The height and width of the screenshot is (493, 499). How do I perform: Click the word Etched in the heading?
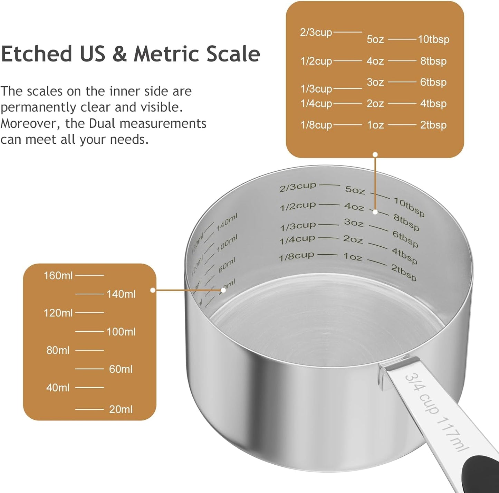(x=36, y=54)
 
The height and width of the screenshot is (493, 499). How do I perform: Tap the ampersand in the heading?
(x=119, y=55)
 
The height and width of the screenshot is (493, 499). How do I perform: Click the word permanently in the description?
(x=39, y=107)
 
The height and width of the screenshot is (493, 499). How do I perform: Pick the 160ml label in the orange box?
(x=58, y=276)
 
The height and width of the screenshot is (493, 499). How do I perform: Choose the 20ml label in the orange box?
(x=121, y=409)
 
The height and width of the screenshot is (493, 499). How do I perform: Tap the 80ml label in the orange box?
(x=58, y=350)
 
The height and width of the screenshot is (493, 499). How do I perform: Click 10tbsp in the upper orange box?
(x=434, y=39)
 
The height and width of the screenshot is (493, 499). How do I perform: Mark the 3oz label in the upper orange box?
(x=375, y=82)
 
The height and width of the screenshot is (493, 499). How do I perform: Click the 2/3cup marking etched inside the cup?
(x=298, y=187)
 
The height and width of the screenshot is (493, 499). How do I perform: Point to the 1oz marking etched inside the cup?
(x=353, y=257)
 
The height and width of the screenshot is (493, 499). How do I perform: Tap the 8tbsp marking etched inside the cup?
(x=406, y=222)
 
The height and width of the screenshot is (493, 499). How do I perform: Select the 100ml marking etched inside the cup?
(x=227, y=243)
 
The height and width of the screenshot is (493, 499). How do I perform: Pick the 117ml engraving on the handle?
(x=453, y=435)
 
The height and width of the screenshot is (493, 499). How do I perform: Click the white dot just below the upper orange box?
(x=375, y=154)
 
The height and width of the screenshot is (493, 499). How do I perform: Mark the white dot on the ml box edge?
(x=153, y=290)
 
